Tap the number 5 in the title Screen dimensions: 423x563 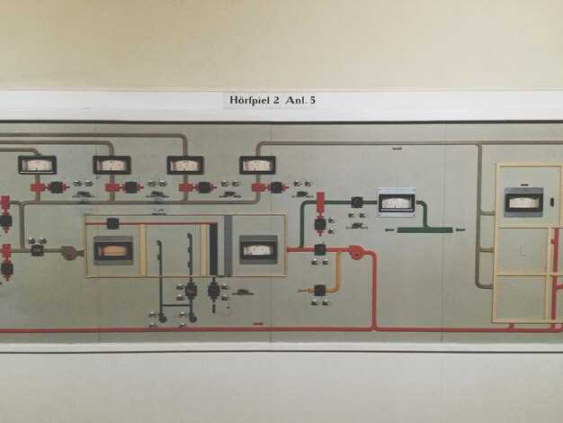(312, 101)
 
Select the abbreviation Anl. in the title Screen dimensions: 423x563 (295, 101)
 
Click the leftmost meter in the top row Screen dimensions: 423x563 (37, 165)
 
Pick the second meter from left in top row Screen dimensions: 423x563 (112, 165)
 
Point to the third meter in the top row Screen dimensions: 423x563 (184, 165)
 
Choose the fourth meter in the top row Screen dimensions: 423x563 (257, 165)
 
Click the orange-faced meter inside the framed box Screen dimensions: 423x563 (113, 249)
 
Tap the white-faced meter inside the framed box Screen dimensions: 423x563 (258, 248)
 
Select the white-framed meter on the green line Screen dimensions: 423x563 (396, 202)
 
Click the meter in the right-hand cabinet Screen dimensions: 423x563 (523, 202)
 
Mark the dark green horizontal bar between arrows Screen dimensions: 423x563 (424, 230)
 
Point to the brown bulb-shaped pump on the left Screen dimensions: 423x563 (69, 253)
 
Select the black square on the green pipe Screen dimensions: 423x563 (357, 202)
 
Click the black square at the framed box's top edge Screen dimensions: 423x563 (112, 223)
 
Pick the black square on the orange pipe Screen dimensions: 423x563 (320, 290)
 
